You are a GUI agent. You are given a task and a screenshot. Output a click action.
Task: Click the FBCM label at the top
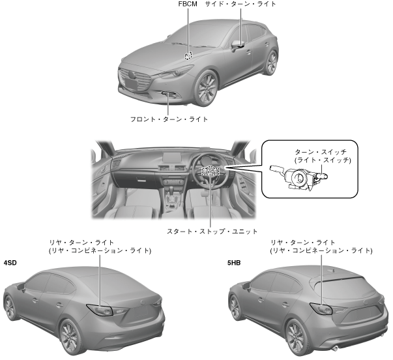click(188, 5)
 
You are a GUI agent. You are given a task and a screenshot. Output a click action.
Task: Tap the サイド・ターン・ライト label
click(240, 5)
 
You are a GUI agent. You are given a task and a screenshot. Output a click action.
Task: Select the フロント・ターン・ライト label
click(169, 119)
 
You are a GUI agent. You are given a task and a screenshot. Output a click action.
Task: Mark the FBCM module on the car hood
click(188, 56)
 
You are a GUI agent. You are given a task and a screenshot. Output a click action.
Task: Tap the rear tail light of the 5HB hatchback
click(323, 308)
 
